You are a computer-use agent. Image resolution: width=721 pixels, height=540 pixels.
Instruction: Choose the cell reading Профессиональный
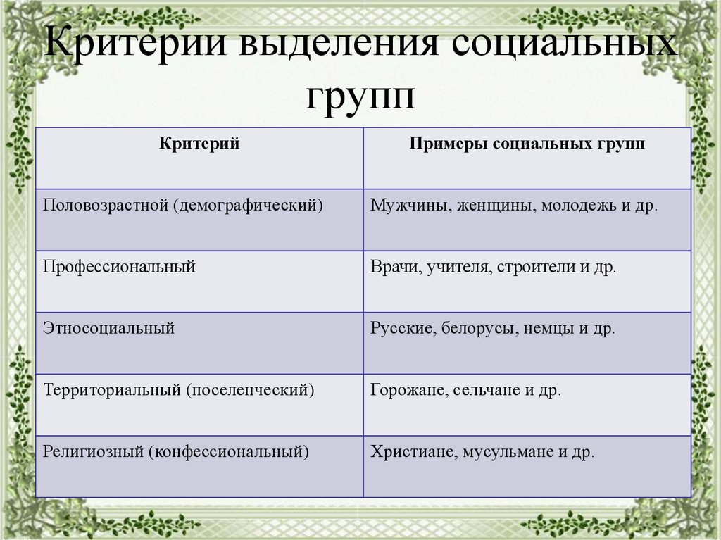119,268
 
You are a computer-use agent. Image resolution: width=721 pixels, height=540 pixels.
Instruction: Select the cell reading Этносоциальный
108,328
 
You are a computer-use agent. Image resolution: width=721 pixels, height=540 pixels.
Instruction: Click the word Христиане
412,451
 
